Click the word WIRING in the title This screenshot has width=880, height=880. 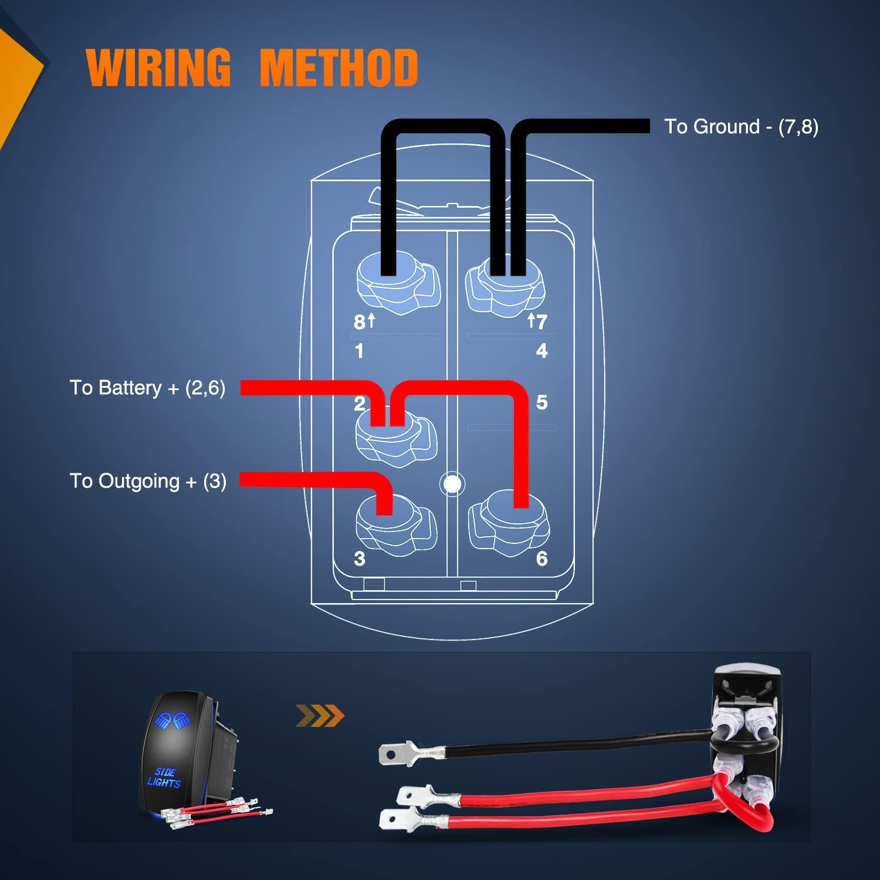click(x=158, y=67)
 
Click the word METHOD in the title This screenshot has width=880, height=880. click(x=339, y=67)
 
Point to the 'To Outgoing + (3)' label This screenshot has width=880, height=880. click(x=148, y=481)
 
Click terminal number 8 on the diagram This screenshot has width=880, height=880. click(x=359, y=322)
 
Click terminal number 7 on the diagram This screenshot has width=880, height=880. click(x=541, y=321)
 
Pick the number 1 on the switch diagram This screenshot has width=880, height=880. click(x=359, y=351)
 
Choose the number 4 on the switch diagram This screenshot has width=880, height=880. click(x=541, y=351)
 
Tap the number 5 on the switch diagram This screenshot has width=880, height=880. click(x=541, y=402)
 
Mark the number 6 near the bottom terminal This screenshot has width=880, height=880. click(x=541, y=559)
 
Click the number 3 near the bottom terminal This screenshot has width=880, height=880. click(x=360, y=559)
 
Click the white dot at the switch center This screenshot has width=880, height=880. click(x=452, y=484)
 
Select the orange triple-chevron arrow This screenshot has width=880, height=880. click(x=320, y=716)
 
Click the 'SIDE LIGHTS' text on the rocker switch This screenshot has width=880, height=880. click(x=164, y=777)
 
